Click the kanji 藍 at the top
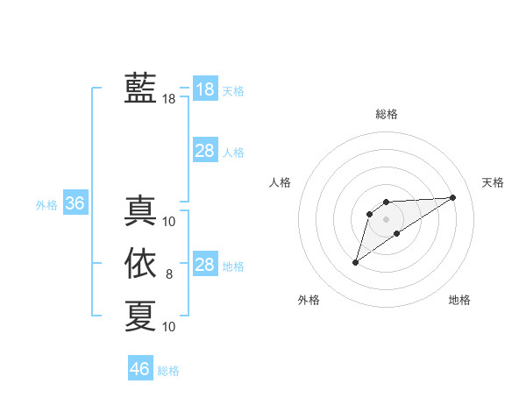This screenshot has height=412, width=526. tap(140, 89)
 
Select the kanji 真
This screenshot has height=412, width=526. tap(140, 211)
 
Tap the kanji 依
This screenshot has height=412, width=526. tap(140, 264)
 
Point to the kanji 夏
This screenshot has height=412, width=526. tap(140, 316)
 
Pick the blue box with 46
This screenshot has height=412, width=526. tap(140, 369)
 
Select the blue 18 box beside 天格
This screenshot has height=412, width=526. tap(205, 89)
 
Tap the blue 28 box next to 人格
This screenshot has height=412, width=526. tap(205, 151)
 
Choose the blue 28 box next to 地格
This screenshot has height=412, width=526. tap(205, 265)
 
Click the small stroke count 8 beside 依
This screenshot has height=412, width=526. tap(169, 275)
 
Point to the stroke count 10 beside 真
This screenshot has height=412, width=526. tap(169, 222)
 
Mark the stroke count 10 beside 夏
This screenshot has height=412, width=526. tap(169, 327)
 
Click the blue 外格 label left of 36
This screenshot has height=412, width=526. tap(46, 205)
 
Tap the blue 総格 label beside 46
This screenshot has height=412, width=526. tap(168, 371)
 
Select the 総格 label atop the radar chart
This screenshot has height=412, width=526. tap(386, 114)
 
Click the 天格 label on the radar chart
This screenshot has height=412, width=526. tap(493, 182)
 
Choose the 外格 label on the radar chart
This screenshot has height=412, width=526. tap(309, 300)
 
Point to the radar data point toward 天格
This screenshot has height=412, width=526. tap(453, 197)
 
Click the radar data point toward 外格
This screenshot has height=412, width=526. tap(356, 261)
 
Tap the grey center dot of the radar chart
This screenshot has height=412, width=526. tap(386, 219)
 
